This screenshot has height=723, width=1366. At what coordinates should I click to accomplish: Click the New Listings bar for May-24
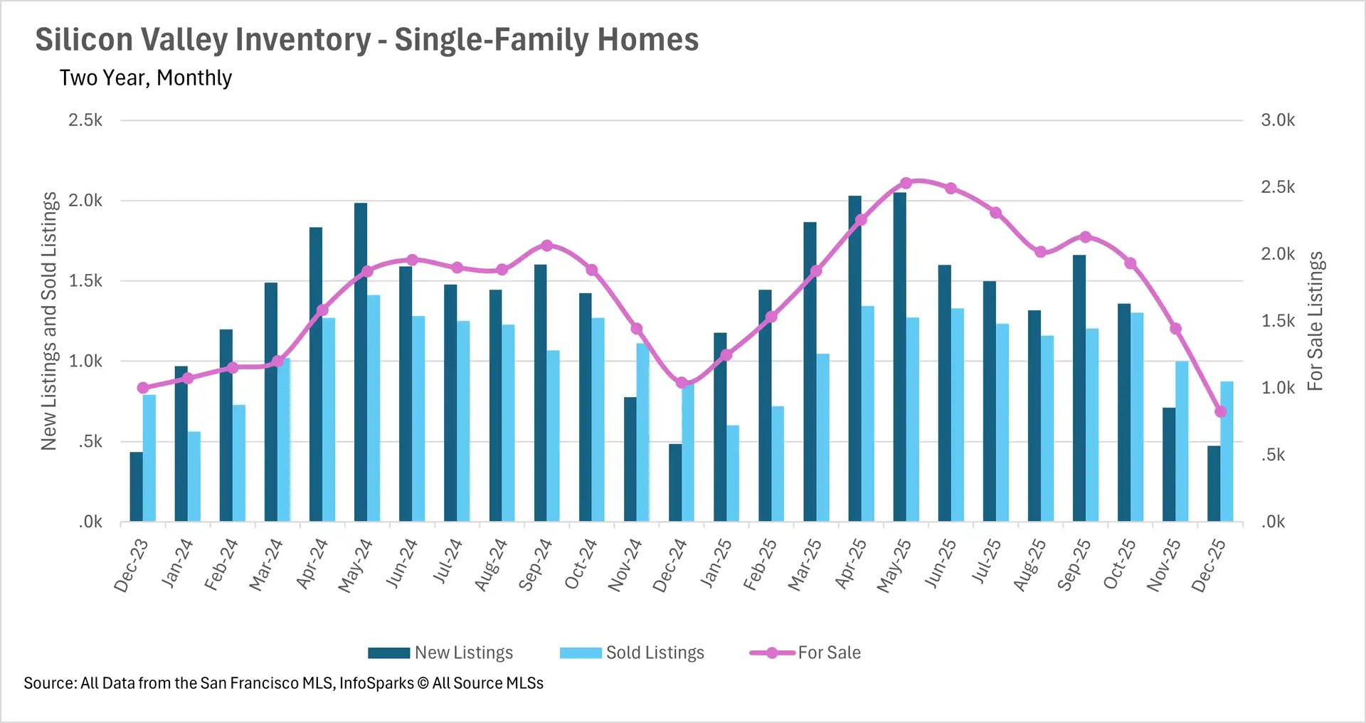[361, 363]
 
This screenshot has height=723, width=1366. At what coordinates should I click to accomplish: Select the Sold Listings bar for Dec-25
[1227, 452]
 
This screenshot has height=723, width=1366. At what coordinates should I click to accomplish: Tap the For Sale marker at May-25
[906, 183]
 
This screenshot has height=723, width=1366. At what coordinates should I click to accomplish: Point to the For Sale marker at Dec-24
[682, 383]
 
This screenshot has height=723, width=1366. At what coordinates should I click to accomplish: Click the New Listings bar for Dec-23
[136, 487]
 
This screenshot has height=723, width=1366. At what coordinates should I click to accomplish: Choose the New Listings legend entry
[440, 653]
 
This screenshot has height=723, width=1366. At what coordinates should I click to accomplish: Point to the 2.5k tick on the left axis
[85, 120]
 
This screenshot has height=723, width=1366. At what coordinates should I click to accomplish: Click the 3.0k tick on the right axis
[1278, 120]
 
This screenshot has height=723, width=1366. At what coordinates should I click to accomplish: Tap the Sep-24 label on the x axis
[535, 565]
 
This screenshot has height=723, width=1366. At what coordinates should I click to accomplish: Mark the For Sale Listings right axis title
[1315, 321]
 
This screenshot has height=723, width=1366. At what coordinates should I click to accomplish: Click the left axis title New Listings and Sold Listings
[48, 321]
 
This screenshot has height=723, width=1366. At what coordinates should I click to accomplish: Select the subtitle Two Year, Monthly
[145, 78]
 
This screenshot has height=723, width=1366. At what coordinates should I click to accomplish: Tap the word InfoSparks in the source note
[376, 683]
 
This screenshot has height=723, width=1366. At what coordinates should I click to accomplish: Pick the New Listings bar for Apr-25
[854, 359]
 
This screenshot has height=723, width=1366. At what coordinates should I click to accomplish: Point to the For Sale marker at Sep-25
[1085, 237]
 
